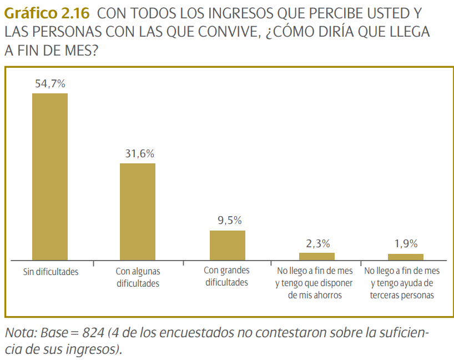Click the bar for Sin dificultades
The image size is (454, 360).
tap(50, 176)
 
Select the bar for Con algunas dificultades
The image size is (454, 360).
tap(138, 211)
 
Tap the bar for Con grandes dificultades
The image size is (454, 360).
tap(227, 245)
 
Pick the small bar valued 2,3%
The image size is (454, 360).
tap(316, 256)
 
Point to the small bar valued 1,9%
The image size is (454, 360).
tap(406, 257)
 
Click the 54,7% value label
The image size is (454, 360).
tap(50, 84)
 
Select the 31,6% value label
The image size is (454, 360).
tap(138, 154)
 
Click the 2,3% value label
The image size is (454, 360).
tap(317, 243)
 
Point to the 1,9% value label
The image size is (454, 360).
tap(406, 243)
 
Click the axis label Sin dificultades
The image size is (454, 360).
tap(51, 272)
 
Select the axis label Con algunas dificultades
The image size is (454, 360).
tap(138, 277)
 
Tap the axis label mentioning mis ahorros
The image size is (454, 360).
tap(315, 283)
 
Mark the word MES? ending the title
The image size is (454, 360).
tap(84, 51)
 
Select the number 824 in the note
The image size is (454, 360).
tap(93, 333)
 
